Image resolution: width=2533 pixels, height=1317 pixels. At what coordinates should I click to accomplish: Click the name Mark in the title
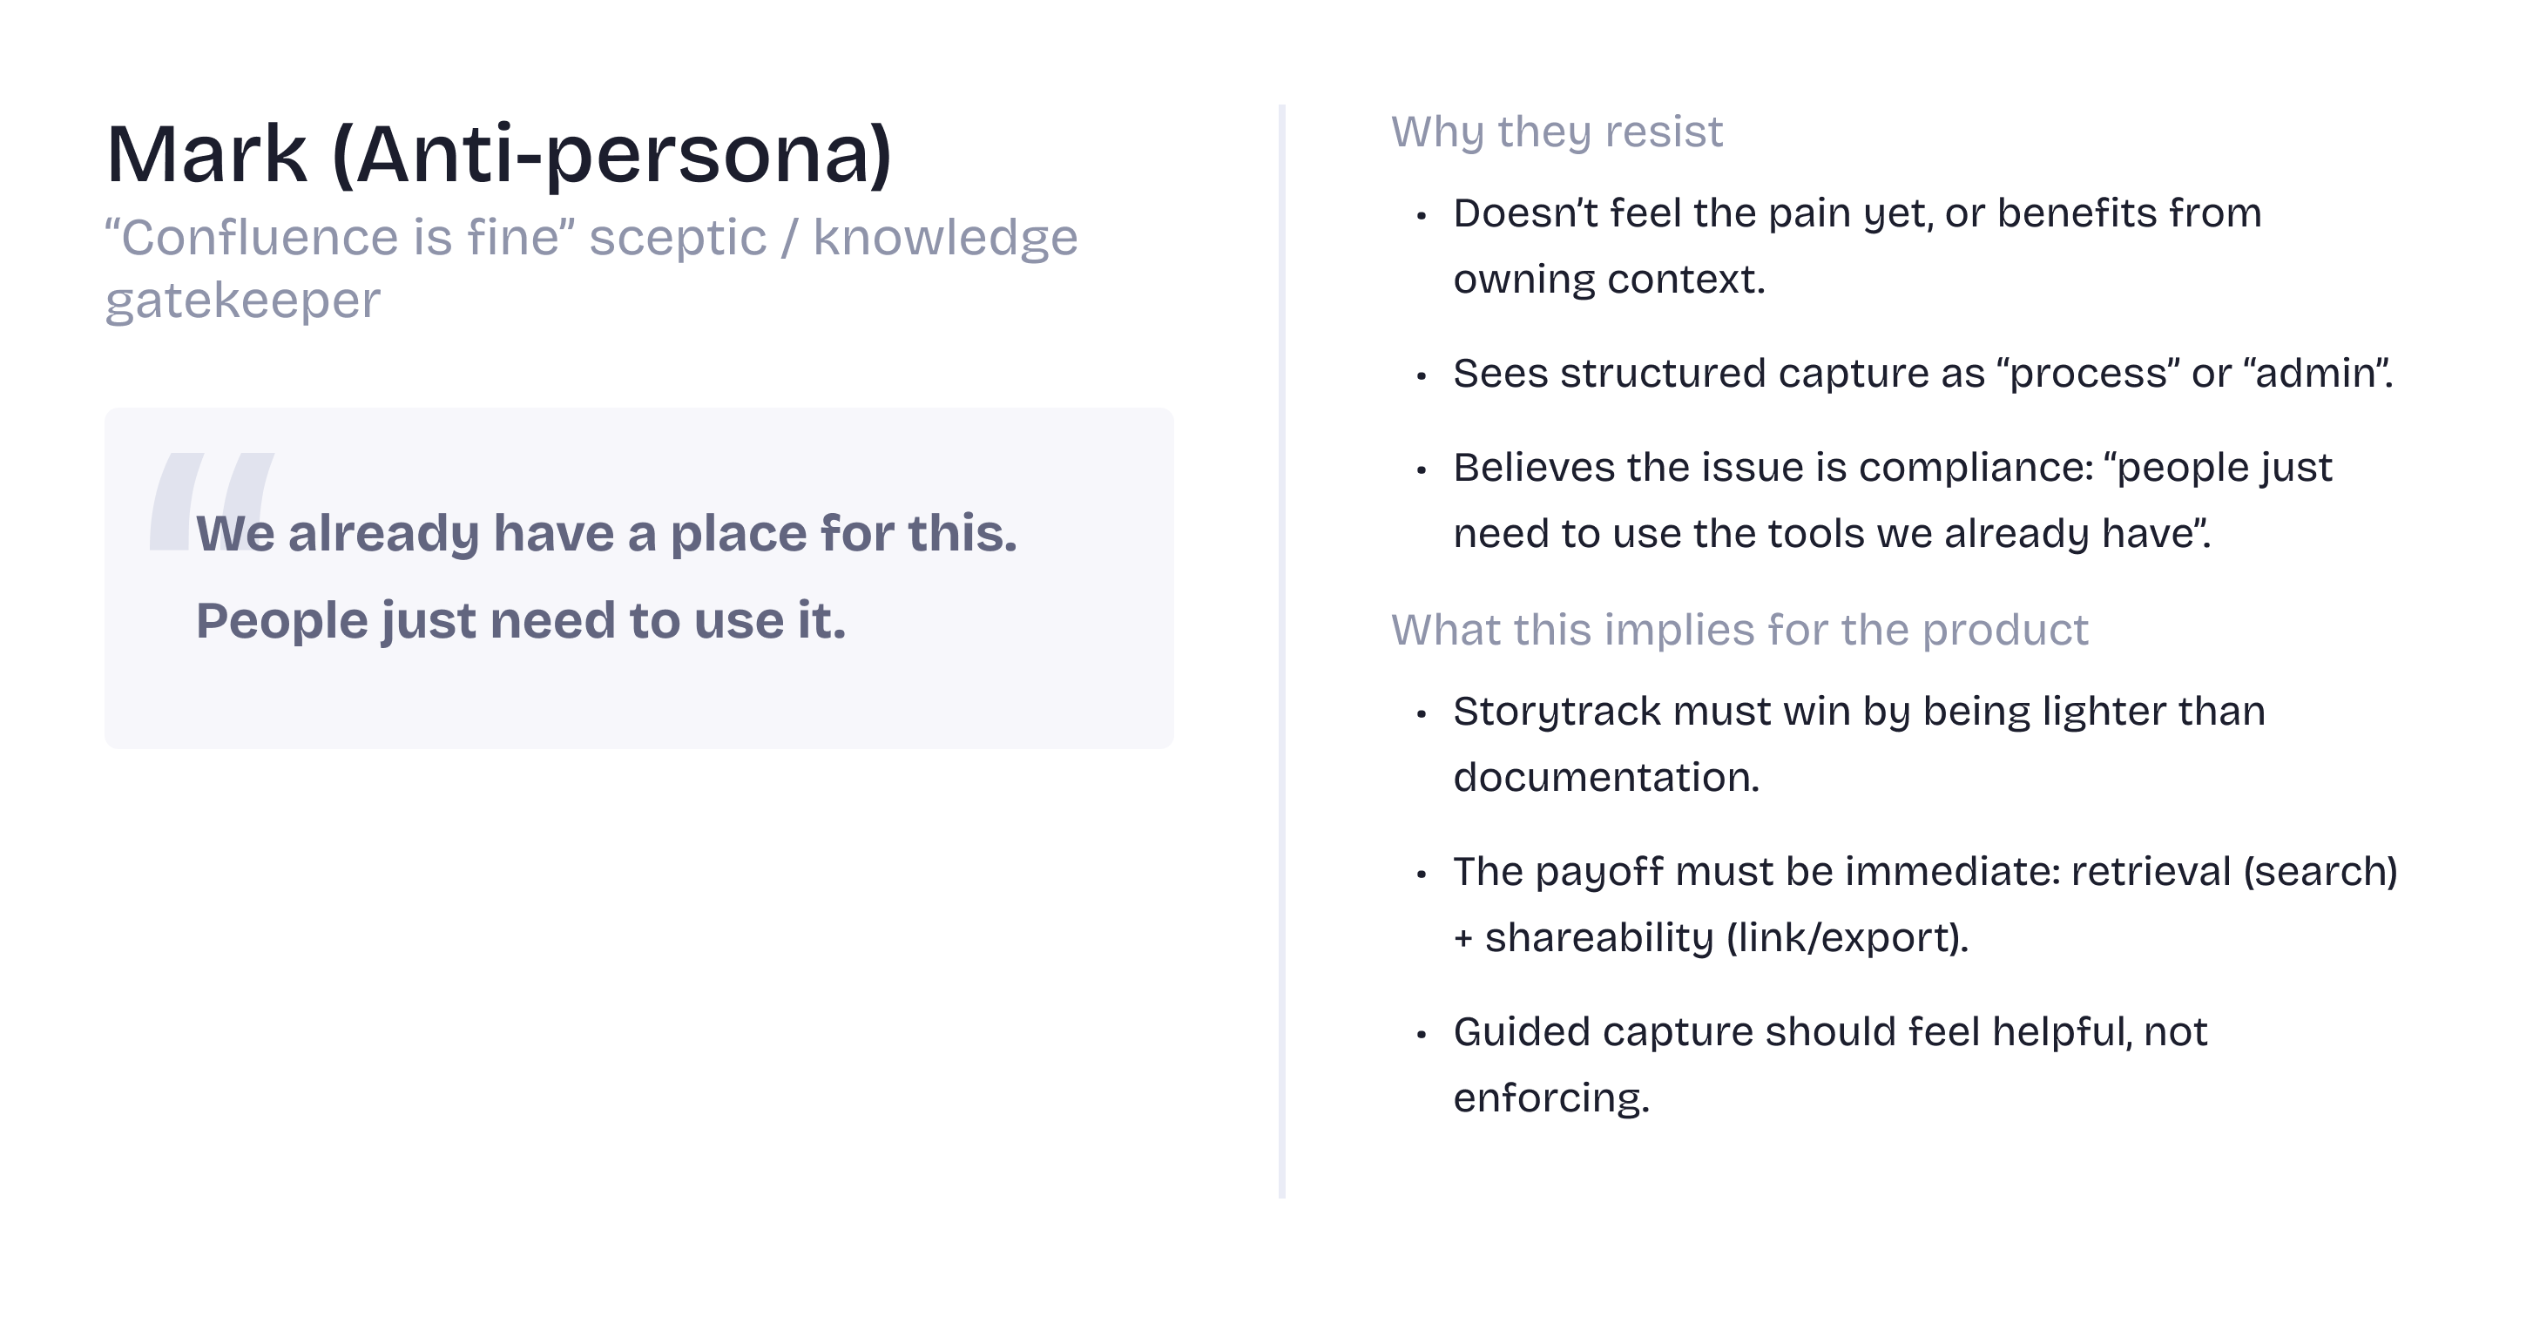pyautogui.click(x=206, y=154)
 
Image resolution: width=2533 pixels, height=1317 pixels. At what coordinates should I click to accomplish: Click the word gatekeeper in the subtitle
pyautogui.click(x=243, y=300)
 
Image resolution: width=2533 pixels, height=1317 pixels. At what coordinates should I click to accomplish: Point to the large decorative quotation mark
pyautogui.click(x=211, y=501)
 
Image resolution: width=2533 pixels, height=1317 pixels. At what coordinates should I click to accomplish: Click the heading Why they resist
pyautogui.click(x=1557, y=132)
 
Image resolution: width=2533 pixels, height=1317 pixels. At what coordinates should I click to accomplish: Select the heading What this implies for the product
pyautogui.click(x=1739, y=630)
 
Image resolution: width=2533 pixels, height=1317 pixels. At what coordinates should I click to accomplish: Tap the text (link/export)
pyautogui.click(x=1847, y=937)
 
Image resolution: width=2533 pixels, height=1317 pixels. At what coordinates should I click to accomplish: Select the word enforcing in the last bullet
pyautogui.click(x=1551, y=1098)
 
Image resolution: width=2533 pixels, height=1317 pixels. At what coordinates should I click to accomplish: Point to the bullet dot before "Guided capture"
pyautogui.click(x=1421, y=1035)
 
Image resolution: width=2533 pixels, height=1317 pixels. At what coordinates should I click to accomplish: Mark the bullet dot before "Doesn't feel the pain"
pyautogui.click(x=1421, y=216)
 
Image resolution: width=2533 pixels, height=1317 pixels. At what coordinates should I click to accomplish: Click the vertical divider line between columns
pyautogui.click(x=1282, y=652)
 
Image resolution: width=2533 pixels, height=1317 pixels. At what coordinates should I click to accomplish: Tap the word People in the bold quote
pyautogui.click(x=282, y=622)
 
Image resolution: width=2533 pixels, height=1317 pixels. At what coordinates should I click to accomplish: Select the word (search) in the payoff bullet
pyautogui.click(x=2320, y=873)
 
